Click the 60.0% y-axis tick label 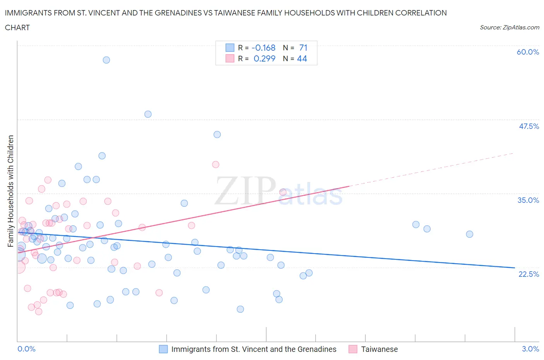528,52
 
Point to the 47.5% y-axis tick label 529,126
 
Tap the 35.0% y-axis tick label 528,200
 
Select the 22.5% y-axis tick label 529,274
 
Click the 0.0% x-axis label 26,349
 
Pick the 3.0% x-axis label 530,349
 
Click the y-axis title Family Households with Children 10,191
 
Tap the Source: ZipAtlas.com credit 509,27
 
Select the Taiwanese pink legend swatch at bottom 352,349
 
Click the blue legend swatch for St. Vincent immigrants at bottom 163,349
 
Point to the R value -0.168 263,48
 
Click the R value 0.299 264,58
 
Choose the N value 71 303,48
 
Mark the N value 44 302,58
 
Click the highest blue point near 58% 106,60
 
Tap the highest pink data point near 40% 216,165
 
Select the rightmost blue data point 469,234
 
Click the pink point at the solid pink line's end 283,192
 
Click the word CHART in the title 17,27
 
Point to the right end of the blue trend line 515,267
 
